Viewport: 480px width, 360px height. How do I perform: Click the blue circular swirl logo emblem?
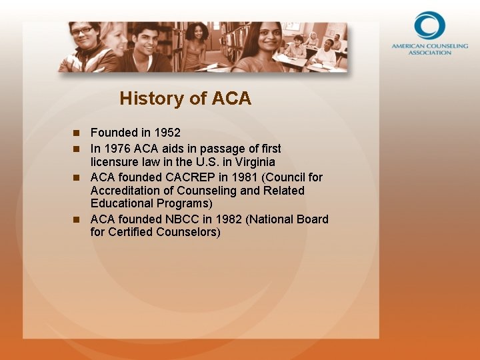[x=429, y=26]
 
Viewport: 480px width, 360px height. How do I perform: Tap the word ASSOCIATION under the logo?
[x=429, y=53]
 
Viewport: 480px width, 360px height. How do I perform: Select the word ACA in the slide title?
[x=231, y=99]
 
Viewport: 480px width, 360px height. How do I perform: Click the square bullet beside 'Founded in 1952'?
[x=77, y=133]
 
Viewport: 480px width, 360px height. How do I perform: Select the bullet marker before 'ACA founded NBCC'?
[x=77, y=219]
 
